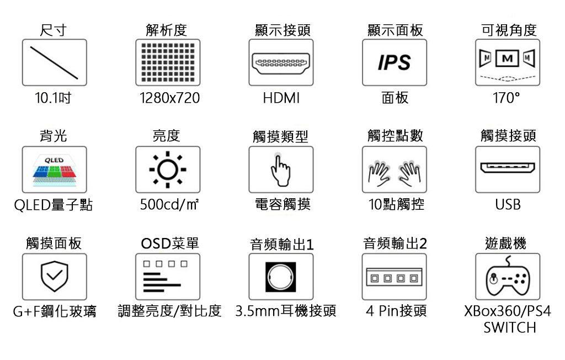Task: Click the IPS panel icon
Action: [x=395, y=62]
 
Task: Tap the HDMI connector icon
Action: [x=281, y=62]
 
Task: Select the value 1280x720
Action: [x=169, y=99]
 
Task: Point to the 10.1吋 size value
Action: [x=53, y=99]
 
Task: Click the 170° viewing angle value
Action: [x=507, y=99]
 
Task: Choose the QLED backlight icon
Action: [x=54, y=169]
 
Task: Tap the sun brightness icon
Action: [x=168, y=169]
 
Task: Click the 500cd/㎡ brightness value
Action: [x=169, y=205]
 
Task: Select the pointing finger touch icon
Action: [x=281, y=169]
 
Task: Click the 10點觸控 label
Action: [x=396, y=205]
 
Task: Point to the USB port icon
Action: [x=508, y=168]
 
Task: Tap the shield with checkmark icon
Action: [x=54, y=276]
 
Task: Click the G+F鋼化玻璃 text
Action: [x=55, y=312]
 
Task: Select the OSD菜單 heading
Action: [x=169, y=243]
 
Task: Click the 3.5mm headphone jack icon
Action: [x=281, y=276]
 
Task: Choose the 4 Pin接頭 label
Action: [x=396, y=311]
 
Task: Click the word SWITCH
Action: [x=509, y=328]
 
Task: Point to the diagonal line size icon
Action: [x=54, y=62]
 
